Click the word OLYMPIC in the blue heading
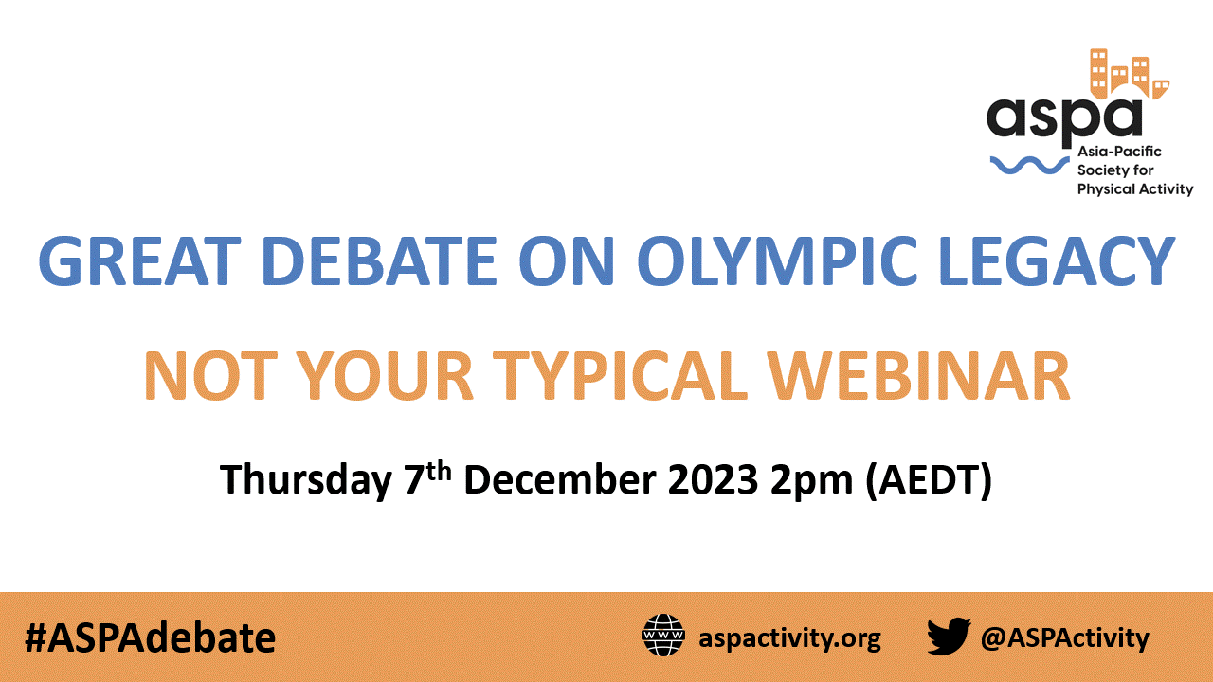point(778,260)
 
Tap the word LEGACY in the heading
point(1057,260)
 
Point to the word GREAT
point(139,260)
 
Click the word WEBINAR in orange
point(919,376)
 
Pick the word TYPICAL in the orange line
point(620,376)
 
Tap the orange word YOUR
point(385,376)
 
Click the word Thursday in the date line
point(306,479)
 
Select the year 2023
point(713,479)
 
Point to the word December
point(560,479)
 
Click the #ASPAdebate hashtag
point(150,638)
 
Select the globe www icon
point(662,636)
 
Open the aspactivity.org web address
point(790,638)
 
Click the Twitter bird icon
point(949,636)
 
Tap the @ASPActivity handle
point(1064,638)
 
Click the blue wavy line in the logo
point(1029,166)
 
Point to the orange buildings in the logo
point(1129,75)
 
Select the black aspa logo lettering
point(1064,120)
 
